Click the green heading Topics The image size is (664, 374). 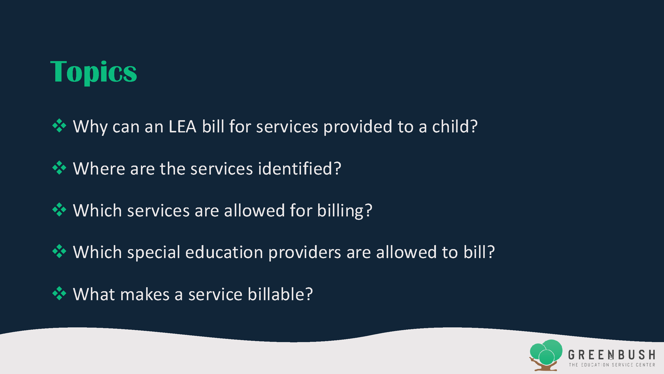93,72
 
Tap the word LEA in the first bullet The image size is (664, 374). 182,126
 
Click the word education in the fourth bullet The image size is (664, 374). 224,252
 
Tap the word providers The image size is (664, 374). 305,253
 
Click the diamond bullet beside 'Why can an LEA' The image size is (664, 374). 59,126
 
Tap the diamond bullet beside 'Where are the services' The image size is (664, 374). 59,168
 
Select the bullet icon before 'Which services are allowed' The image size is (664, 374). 59,210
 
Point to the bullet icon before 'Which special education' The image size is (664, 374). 59,251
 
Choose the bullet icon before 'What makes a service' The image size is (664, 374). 59,293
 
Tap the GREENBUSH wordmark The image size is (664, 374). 612,355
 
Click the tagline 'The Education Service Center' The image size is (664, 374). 612,365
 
